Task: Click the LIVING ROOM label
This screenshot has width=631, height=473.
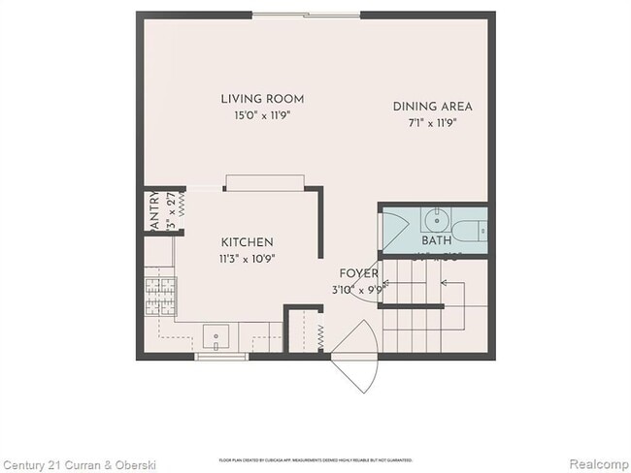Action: click(x=262, y=99)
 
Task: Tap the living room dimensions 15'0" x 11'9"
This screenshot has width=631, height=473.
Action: click(x=262, y=114)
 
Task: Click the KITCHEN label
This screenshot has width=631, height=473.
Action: click(x=247, y=242)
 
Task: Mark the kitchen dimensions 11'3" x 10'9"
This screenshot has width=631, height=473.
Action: click(x=247, y=259)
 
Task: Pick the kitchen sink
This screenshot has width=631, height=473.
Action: click(x=215, y=339)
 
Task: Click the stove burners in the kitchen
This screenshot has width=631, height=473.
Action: click(x=159, y=291)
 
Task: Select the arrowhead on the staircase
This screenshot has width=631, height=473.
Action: click(x=444, y=284)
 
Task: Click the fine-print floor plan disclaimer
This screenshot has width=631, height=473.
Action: click(x=315, y=459)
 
